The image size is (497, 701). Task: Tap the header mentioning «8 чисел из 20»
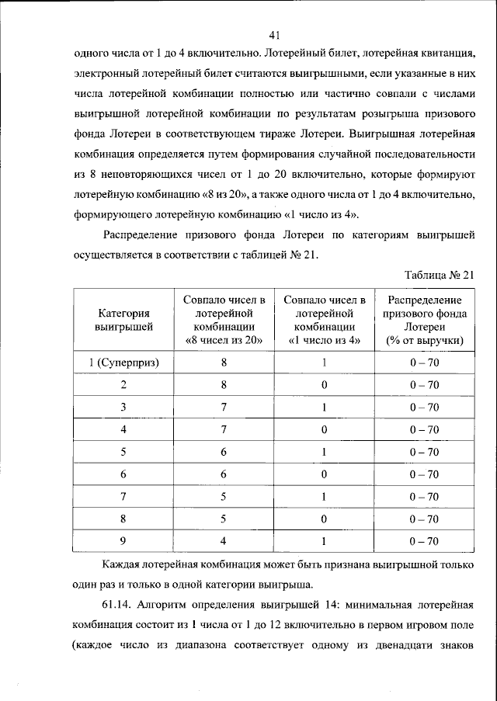(x=224, y=320)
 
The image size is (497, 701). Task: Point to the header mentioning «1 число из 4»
(x=324, y=320)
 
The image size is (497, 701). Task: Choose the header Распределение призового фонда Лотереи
(x=423, y=320)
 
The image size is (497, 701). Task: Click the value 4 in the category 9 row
(x=224, y=541)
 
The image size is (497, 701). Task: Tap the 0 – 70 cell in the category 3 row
(x=424, y=407)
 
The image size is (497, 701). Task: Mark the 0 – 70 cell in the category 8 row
(x=424, y=519)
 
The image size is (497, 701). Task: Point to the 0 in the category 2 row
(x=324, y=385)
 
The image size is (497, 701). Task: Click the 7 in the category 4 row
(x=224, y=429)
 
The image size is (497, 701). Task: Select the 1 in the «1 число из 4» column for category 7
(x=324, y=496)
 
